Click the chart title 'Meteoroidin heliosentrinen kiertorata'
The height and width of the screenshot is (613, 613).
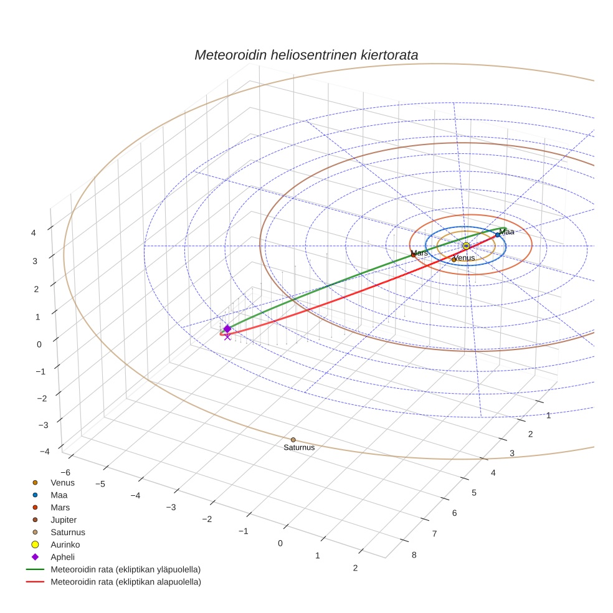pos(306,55)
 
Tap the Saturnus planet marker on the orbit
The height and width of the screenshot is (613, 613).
pos(293,440)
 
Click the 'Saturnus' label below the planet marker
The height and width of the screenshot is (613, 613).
pos(299,448)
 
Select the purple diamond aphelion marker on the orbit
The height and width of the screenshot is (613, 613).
pos(227,328)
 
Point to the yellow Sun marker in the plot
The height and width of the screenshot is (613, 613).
pos(466,246)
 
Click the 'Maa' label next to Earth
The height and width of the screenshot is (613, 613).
pos(506,232)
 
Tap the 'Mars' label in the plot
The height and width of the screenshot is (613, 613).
pos(421,253)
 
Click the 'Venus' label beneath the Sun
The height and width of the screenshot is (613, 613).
pos(464,258)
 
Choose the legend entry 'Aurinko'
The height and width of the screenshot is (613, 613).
pos(65,544)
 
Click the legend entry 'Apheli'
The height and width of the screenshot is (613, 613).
pos(62,557)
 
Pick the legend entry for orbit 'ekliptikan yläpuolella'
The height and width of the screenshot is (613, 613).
pos(125,569)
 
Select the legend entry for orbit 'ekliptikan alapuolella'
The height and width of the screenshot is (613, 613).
pos(125,582)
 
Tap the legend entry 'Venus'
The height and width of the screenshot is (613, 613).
pos(62,482)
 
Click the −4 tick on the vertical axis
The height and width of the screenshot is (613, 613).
pos(44,452)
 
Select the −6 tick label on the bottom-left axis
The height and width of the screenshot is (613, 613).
pos(65,473)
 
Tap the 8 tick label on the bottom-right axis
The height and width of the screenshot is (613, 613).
pos(414,555)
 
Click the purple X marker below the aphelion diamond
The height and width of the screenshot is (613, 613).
pos(227,336)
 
